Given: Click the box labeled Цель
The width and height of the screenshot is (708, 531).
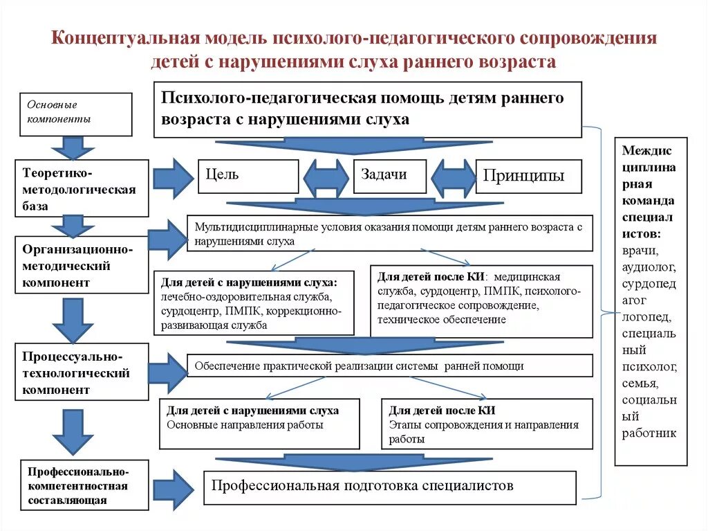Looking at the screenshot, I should pyautogui.click(x=248, y=176).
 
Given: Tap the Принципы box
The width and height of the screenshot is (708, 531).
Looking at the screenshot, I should pyautogui.click(x=528, y=176).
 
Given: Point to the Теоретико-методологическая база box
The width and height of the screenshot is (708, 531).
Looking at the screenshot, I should pyautogui.click(x=82, y=188).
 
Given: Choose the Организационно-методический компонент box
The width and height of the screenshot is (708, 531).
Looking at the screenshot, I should pyautogui.click(x=82, y=264).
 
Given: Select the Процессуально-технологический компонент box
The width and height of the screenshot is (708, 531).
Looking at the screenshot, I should pyautogui.click(x=82, y=372).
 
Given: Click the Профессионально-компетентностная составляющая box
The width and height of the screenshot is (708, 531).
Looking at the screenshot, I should pyautogui.click(x=84, y=485).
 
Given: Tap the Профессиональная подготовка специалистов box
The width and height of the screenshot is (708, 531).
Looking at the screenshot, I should pyautogui.click(x=390, y=487).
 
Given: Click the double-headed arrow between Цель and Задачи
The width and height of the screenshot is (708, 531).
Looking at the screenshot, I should pyautogui.click(x=326, y=179).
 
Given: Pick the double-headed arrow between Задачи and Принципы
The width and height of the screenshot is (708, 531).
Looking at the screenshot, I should pyautogui.click(x=454, y=179).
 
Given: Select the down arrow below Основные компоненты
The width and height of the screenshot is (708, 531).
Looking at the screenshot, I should pyautogui.click(x=73, y=147).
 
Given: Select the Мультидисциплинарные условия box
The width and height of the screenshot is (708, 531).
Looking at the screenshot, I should pyautogui.click(x=390, y=233).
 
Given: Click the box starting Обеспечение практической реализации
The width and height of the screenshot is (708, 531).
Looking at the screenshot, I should pyautogui.click(x=390, y=366).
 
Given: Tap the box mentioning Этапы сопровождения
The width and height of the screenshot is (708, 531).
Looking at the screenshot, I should pyautogui.click(x=487, y=424).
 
